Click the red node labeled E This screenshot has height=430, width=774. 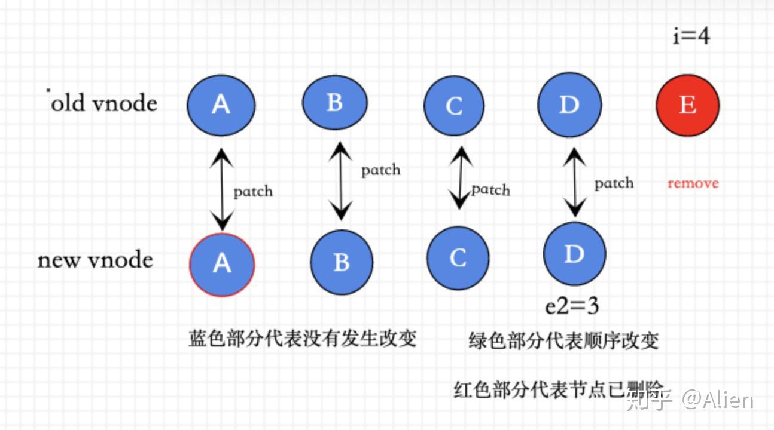point(687,106)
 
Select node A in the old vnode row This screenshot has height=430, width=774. point(221,105)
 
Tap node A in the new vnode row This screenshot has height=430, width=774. point(222,263)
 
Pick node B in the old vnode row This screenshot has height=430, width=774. point(335,103)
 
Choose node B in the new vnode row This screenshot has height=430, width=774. point(342,262)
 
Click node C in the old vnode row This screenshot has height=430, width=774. point(454,106)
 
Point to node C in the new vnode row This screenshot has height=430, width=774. point(458,258)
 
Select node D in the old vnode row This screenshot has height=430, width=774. point(569,106)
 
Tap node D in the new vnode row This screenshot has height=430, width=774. point(574,254)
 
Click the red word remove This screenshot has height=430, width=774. point(693,183)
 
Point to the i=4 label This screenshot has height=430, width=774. point(691,36)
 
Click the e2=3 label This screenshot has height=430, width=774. point(572,306)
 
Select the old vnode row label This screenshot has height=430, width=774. point(103,103)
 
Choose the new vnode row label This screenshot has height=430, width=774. point(96,260)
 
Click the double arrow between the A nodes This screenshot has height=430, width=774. point(223,190)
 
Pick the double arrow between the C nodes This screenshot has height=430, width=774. point(459,177)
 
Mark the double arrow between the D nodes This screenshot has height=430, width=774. point(575,182)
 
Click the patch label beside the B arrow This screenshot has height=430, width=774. point(380,170)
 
